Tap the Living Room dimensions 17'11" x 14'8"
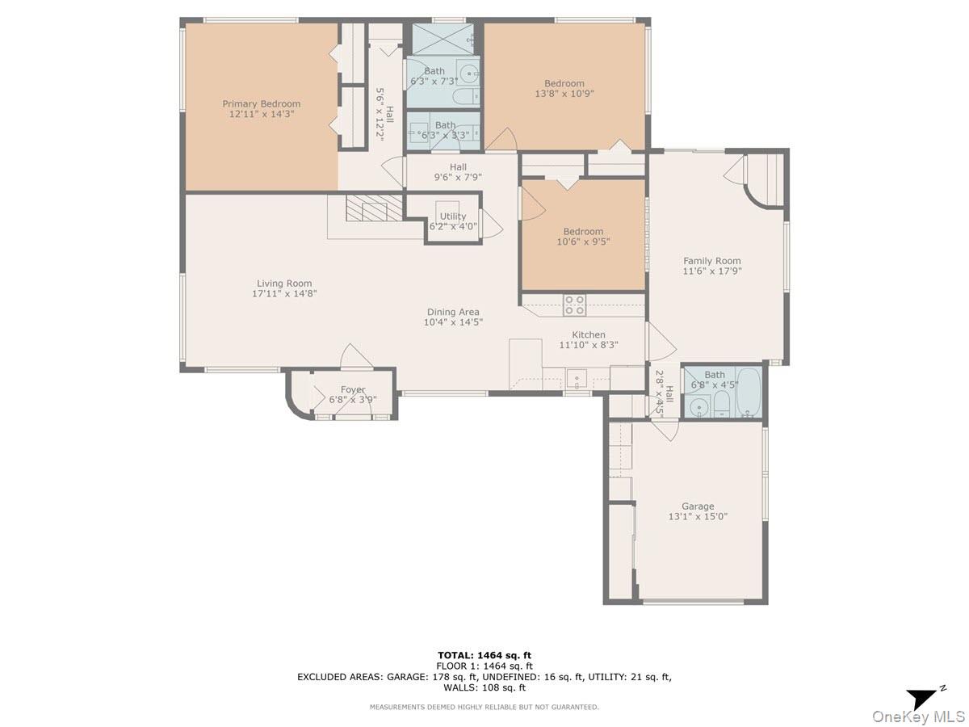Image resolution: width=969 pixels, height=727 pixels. pos(283,294)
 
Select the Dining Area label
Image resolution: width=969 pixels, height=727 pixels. pos(453,312)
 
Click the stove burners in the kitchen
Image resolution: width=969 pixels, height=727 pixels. pos(574,305)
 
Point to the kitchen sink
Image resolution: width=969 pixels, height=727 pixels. pos(578,377)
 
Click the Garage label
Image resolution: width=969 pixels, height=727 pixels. pos(697,506)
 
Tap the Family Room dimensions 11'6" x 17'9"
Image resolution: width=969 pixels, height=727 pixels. pos(711,271)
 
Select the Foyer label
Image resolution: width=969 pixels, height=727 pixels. pos(353,389)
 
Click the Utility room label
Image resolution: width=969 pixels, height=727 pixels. pos(453,216)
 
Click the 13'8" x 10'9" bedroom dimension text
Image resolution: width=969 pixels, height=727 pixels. pos(564,94)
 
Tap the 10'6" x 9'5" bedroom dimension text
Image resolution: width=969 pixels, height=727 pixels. pos(583,241)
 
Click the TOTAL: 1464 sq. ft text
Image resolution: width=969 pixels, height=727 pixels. pos(484,655)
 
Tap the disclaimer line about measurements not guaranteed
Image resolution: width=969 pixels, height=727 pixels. pos(484,707)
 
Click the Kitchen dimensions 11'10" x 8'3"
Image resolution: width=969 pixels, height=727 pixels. pos(588,345)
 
